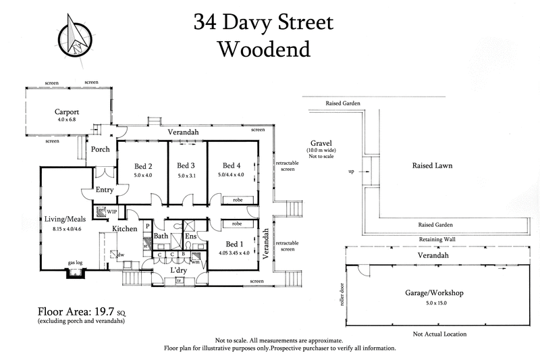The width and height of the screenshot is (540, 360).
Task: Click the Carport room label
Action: (67, 113)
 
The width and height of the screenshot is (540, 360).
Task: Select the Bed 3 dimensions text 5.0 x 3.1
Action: (186, 176)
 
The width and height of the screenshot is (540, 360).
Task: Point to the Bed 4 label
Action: (231, 165)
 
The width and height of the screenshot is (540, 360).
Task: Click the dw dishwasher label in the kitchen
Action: (120, 255)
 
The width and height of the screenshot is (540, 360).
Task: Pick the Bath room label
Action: (161, 236)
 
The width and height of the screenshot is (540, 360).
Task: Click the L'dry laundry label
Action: (178, 270)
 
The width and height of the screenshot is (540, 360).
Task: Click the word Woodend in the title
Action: (263, 49)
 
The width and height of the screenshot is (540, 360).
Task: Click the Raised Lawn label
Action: (432, 165)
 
